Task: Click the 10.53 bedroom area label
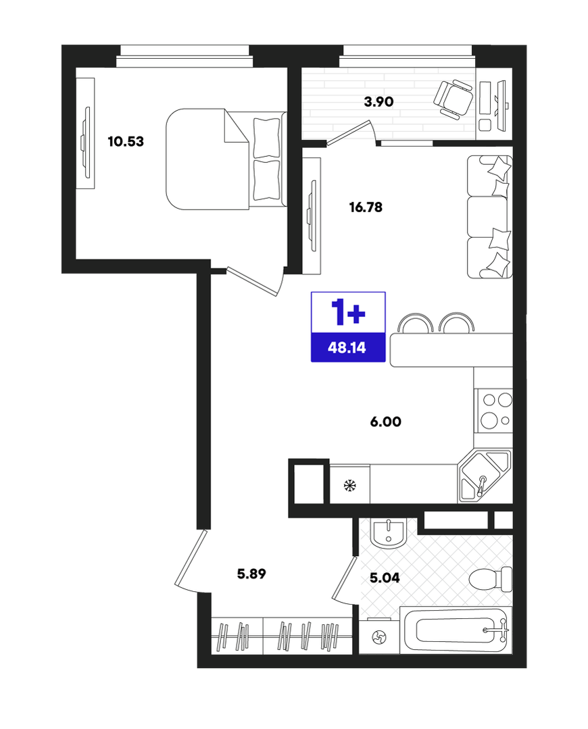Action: (x=126, y=141)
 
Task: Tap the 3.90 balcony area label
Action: (x=378, y=101)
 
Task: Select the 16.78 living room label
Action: (x=366, y=207)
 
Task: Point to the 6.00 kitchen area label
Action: (x=386, y=422)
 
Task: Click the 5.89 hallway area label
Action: (x=251, y=574)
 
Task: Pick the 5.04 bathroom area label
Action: (x=385, y=578)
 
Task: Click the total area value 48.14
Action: (x=347, y=347)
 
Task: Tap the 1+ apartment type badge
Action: (x=348, y=312)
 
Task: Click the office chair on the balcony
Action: (x=453, y=98)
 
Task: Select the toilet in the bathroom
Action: (x=490, y=579)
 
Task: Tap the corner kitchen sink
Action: (x=485, y=476)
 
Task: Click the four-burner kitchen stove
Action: (x=493, y=411)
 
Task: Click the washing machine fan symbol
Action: (x=379, y=637)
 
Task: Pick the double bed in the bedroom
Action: (x=226, y=159)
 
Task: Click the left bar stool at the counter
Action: (x=417, y=323)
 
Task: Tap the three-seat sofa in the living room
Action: (x=489, y=217)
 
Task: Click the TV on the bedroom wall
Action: (x=86, y=143)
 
